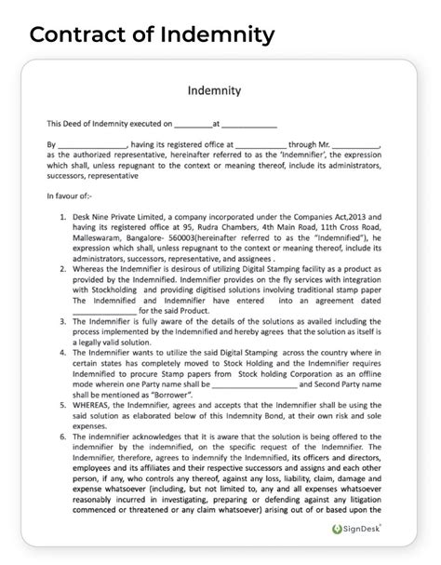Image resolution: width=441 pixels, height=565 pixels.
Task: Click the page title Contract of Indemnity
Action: pyautogui.click(x=151, y=34)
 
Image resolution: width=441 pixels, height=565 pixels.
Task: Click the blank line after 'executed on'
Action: pyautogui.click(x=194, y=124)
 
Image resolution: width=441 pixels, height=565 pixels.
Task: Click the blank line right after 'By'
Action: pyautogui.click(x=91, y=145)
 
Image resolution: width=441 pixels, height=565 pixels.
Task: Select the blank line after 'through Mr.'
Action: pyautogui.click(x=354, y=145)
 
